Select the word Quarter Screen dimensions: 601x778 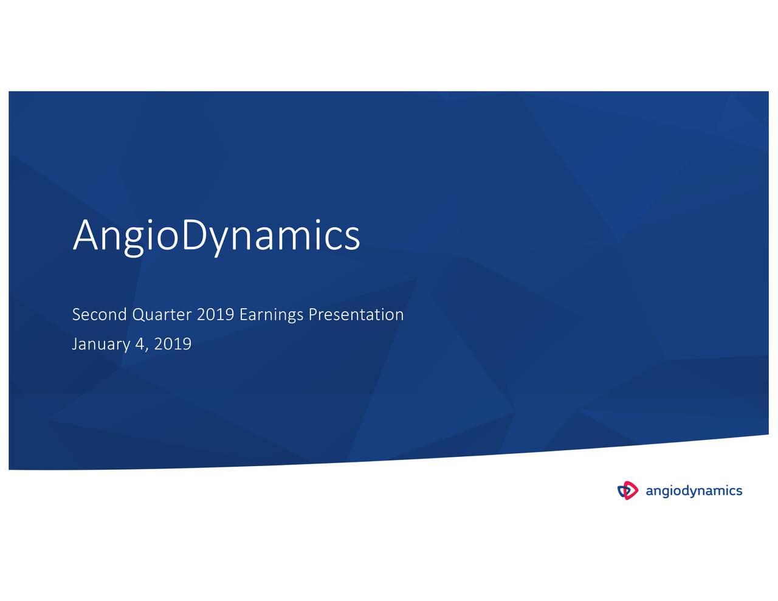(162, 315)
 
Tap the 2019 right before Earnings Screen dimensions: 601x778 (216, 315)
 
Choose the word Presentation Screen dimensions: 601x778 (356, 315)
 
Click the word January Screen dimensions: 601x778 (101, 345)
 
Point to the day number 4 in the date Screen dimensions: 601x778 (140, 344)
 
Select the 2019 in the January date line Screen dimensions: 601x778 (173, 344)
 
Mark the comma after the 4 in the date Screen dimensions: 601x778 (146, 349)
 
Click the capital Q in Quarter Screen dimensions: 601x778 (138, 315)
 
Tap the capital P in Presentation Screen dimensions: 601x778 (312, 315)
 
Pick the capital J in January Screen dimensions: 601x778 (75, 344)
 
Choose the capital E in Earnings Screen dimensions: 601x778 (243, 315)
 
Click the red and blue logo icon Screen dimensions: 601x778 (628, 490)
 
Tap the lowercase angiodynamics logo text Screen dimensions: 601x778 (694, 491)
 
